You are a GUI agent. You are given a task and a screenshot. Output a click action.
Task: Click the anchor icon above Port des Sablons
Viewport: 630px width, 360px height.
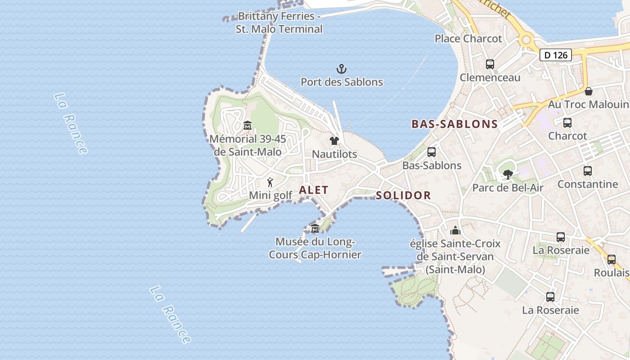(x=342, y=69)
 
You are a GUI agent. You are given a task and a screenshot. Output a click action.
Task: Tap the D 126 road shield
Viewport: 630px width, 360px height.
(x=555, y=55)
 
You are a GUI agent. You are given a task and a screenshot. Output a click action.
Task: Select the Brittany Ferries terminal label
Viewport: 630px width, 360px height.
(x=279, y=22)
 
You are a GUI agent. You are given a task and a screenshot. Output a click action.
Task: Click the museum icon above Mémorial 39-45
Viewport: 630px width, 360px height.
(x=247, y=126)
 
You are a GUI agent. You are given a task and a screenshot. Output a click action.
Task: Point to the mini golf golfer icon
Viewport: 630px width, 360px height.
(x=270, y=182)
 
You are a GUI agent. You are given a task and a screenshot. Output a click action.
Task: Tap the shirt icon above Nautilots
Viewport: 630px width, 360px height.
(x=334, y=141)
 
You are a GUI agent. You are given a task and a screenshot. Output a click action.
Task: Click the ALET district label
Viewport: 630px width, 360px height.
(x=314, y=190)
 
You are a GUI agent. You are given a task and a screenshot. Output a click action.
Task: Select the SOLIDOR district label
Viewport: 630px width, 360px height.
(x=403, y=195)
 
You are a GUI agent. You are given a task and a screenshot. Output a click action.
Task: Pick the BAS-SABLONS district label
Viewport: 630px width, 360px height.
(x=454, y=124)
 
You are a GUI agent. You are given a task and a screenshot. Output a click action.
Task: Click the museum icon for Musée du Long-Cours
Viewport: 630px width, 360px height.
(x=315, y=228)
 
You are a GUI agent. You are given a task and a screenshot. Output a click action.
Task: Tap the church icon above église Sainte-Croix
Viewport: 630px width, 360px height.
(x=455, y=230)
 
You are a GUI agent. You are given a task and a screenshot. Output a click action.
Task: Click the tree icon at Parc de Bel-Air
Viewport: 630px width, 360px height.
(x=508, y=175)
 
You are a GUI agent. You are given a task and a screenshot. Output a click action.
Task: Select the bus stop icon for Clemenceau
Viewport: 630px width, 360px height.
(x=490, y=64)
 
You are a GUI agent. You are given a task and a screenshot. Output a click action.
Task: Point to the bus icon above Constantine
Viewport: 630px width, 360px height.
(x=587, y=171)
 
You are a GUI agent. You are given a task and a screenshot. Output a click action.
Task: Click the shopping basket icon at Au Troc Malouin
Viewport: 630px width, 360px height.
(x=588, y=91)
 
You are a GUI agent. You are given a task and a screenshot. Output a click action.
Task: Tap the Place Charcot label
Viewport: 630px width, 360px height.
(x=468, y=39)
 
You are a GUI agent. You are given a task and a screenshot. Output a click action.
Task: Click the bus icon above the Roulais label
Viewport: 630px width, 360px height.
(x=611, y=260)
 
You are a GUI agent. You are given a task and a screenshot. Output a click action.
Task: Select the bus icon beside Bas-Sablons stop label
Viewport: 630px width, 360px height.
(x=431, y=152)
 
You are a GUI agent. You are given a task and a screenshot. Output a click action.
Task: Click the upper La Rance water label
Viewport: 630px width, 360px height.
(x=71, y=123)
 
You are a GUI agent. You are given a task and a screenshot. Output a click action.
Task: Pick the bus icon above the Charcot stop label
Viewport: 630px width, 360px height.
(x=567, y=123)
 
